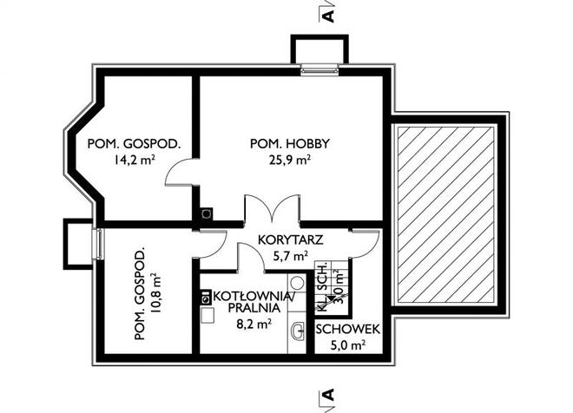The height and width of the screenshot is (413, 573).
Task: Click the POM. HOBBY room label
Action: tap(289, 143)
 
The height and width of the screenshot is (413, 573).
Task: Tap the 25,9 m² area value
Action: tap(290, 160)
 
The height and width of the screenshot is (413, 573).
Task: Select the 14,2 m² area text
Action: tap(134, 160)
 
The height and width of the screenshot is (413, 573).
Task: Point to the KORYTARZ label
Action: tap(291, 240)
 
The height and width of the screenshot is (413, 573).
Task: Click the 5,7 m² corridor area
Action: tap(291, 256)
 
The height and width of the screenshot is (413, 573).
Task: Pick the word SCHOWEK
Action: tap(347, 330)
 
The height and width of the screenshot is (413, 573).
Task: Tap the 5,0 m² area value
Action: tap(348, 345)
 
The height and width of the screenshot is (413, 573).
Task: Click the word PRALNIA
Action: tap(254, 308)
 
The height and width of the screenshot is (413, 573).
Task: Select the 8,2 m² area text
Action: tap(254, 324)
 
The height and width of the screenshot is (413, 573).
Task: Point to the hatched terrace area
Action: tap(448, 214)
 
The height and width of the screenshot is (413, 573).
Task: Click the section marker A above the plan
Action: tap(329, 16)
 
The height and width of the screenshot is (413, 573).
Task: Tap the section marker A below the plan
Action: tap(329, 395)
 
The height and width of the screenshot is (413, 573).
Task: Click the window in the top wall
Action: tap(319, 69)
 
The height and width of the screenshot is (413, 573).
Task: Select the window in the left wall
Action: tap(98, 244)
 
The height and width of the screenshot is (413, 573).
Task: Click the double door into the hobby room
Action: tap(273, 209)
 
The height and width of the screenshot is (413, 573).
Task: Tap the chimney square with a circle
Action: tap(207, 214)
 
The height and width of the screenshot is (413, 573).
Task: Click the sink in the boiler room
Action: tap(297, 331)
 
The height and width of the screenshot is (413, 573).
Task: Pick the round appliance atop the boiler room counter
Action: tap(298, 283)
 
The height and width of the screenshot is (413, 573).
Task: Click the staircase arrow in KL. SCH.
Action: tap(331, 298)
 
